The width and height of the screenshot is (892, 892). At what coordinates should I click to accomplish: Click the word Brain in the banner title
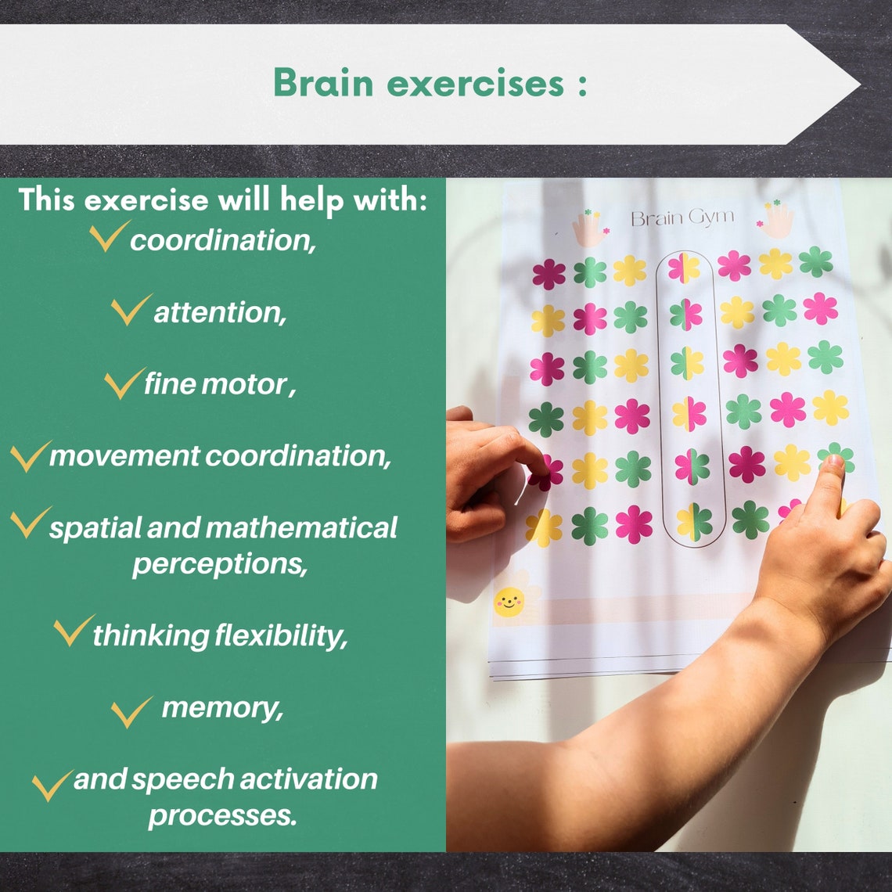coord(323,83)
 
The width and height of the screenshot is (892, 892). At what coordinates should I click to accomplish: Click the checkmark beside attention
coord(131,310)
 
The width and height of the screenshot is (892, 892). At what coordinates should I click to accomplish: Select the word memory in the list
coord(221,707)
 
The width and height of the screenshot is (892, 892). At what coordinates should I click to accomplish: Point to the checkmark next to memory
coord(131,710)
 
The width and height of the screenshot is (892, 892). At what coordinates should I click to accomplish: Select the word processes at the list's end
coord(223,815)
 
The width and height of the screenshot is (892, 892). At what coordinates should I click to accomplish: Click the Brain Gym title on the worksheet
coord(682,218)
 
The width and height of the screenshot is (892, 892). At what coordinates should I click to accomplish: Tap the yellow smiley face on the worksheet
coord(509,601)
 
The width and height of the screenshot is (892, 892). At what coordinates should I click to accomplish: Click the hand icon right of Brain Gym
coord(776,221)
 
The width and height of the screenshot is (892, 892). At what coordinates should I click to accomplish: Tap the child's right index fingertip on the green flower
coord(833,463)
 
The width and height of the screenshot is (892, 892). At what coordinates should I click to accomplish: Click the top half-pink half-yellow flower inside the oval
coord(683,268)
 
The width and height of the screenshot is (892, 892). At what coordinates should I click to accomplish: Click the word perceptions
coord(220,563)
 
